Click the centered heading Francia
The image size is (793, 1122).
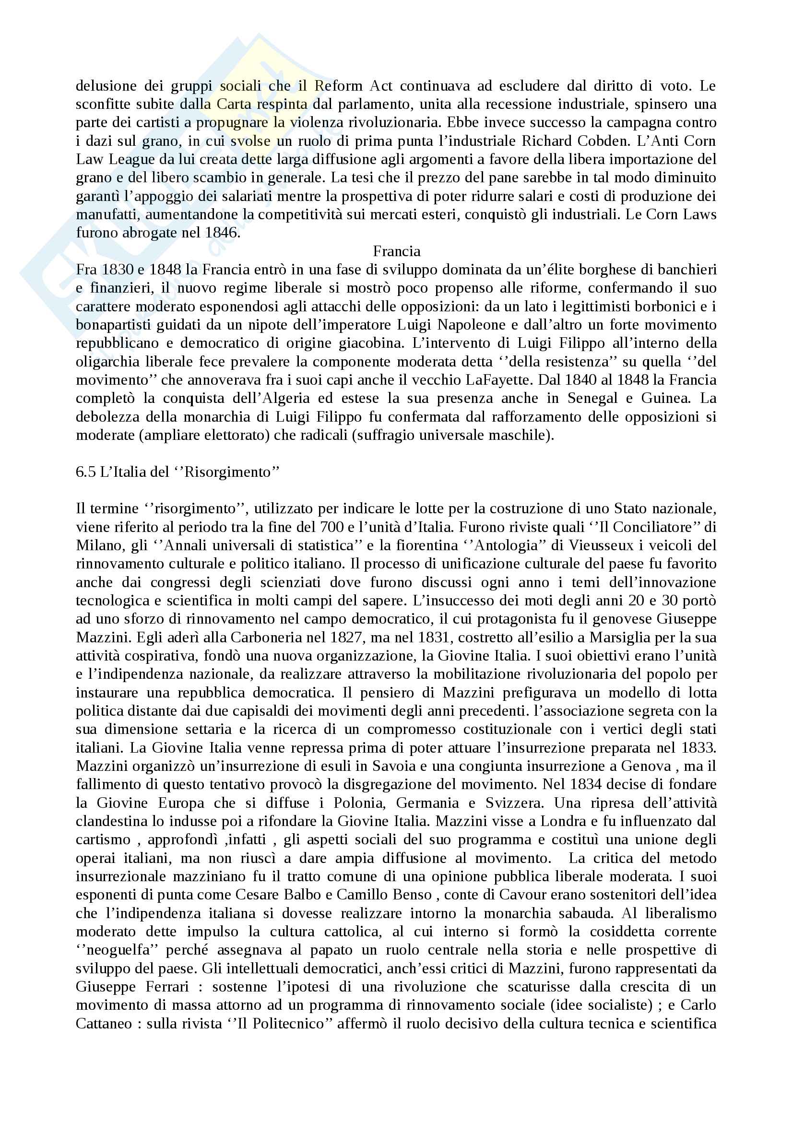tap(396, 251)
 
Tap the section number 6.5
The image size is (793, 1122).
tap(86, 472)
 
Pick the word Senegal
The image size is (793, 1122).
tap(592, 398)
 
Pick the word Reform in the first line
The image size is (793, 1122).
tap(339, 86)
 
